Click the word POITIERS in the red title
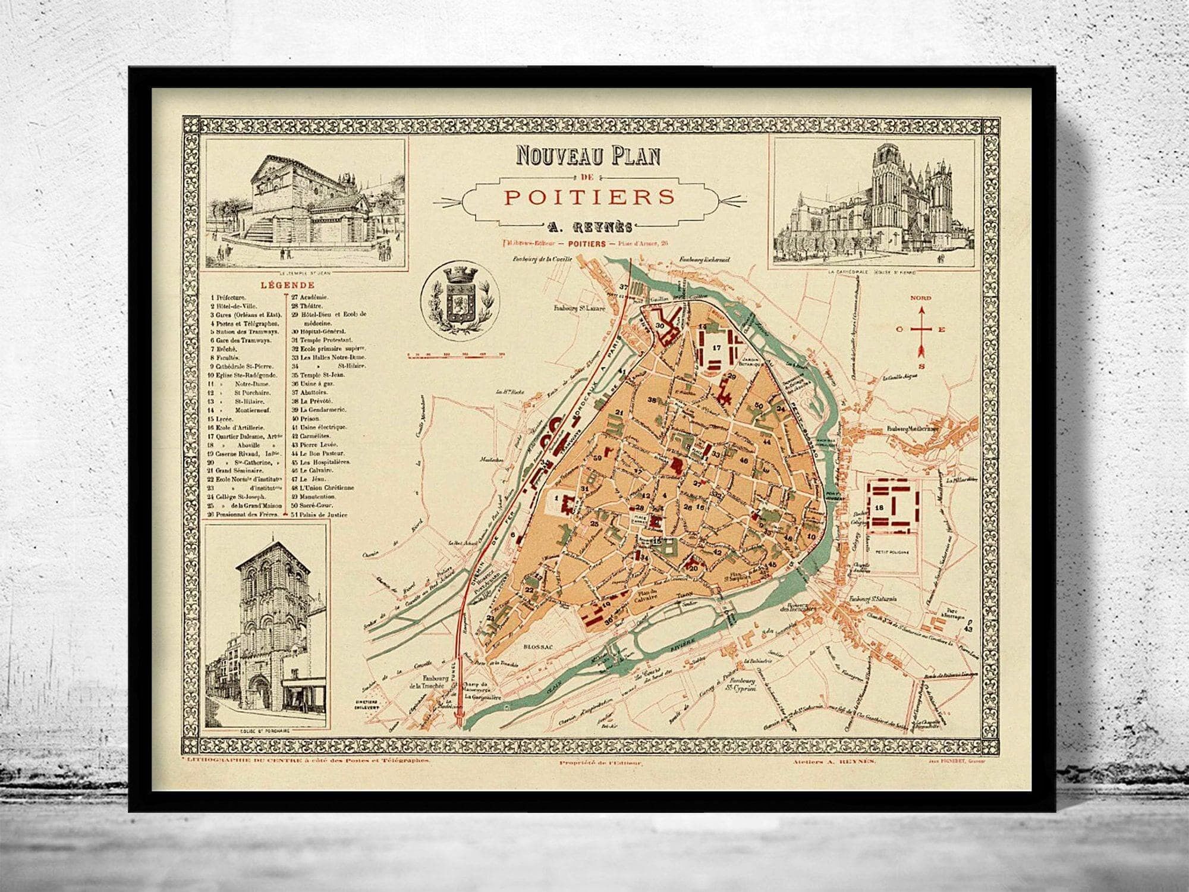pyautogui.click(x=589, y=197)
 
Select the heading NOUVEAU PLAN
pyautogui.click(x=589, y=156)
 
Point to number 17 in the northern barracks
pyautogui.click(x=716, y=348)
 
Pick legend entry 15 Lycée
pyautogui.click(x=222, y=418)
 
